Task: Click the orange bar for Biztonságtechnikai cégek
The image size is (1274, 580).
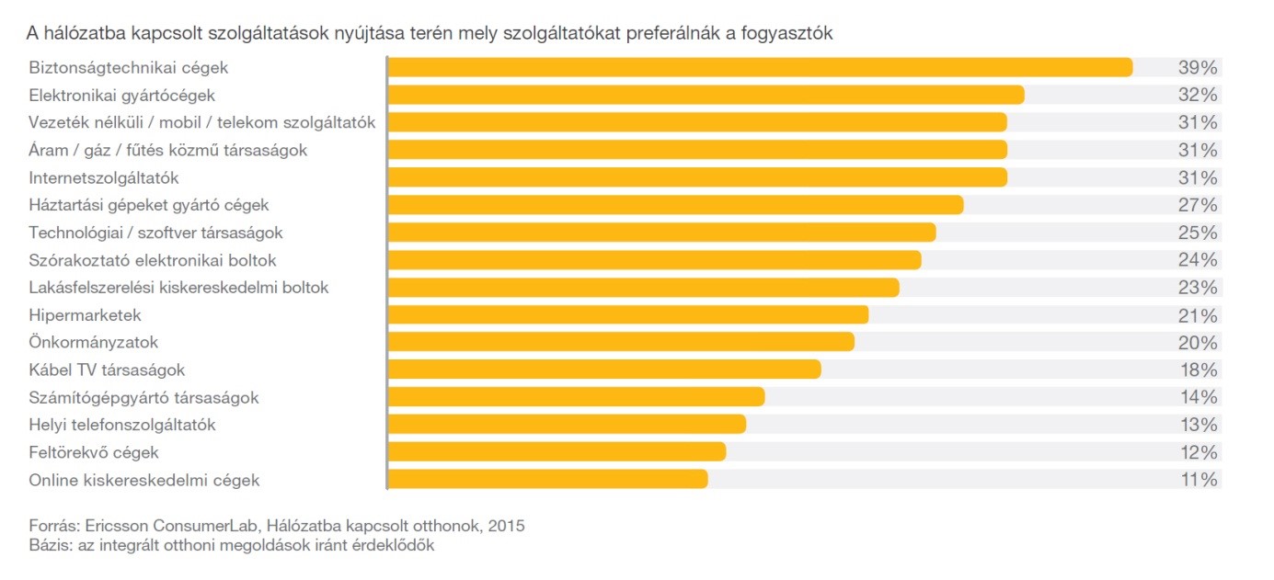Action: [760, 67]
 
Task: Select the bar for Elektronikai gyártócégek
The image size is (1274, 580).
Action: [706, 95]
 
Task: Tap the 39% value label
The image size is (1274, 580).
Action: [1198, 67]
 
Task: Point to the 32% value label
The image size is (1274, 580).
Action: [1198, 95]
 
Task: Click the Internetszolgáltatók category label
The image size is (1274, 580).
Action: [104, 177]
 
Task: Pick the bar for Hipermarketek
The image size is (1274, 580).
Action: [628, 315]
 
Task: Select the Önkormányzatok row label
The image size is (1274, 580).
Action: [94, 342]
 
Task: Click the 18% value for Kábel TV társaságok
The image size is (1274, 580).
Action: [1198, 370]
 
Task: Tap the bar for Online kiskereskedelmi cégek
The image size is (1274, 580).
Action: [548, 479]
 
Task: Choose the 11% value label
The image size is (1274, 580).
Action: [1198, 480]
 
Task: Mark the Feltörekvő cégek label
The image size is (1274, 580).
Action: [94, 452]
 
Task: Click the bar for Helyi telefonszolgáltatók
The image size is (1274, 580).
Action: [567, 424]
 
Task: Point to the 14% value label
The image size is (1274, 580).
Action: [1198, 397]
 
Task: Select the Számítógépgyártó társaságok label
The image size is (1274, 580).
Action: [143, 398]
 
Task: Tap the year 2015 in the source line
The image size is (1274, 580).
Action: [507, 527]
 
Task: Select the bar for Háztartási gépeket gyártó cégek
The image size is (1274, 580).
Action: [675, 204]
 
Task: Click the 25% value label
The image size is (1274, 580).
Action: [1198, 232]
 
